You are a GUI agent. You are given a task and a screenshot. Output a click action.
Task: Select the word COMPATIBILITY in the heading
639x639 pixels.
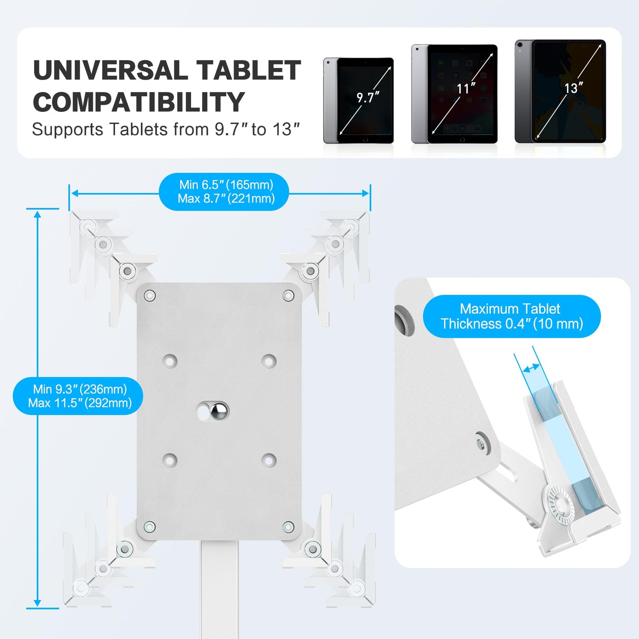pos(138,103)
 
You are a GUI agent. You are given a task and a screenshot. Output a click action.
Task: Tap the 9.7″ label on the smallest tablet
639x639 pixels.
pos(368,97)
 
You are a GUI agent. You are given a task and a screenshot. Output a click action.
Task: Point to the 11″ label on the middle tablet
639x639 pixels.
pos(466,88)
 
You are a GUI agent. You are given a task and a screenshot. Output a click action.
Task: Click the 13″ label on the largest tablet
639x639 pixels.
pos(573,88)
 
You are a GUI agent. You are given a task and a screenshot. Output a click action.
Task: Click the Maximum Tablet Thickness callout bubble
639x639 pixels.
pos(512,317)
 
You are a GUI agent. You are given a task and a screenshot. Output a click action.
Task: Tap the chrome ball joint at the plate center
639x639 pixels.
pos(218,411)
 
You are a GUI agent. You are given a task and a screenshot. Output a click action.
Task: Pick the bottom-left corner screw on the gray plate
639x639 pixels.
pos(150,527)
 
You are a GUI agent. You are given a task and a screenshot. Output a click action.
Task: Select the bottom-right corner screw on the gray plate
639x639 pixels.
pos(288,527)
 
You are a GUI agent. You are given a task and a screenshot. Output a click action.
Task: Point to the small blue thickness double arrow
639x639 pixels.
pos(531,367)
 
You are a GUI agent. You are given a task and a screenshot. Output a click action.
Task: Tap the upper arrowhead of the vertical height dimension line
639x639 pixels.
pos(38,215)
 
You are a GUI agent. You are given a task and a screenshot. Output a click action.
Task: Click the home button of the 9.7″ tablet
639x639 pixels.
pos(365,140)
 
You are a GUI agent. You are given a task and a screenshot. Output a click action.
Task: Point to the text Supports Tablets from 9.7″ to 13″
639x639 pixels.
pos(166,130)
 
